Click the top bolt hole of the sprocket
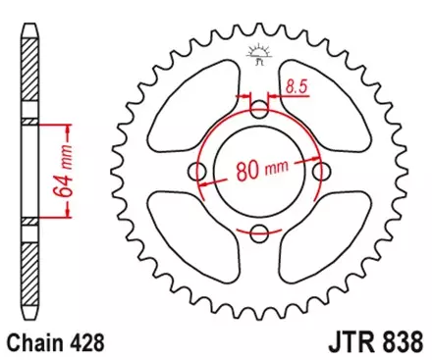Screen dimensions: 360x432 259,108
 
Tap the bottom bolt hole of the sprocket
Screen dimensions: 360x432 259,232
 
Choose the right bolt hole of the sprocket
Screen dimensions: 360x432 321,171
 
